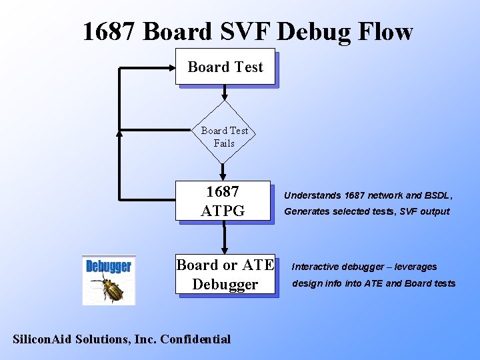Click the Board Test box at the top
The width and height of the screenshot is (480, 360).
pyautogui.click(x=225, y=67)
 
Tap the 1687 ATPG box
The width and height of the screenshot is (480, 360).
pyautogui.click(x=223, y=201)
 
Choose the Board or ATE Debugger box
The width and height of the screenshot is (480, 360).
pyautogui.click(x=225, y=275)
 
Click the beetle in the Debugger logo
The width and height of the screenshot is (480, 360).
pyautogui.click(x=109, y=289)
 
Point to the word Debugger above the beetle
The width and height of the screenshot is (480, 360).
pyautogui.click(x=109, y=267)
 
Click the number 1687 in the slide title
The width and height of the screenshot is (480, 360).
pyautogui.click(x=110, y=31)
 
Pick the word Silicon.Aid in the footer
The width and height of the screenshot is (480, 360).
pyautogui.click(x=43, y=339)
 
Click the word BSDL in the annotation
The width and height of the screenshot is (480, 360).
pyautogui.click(x=438, y=195)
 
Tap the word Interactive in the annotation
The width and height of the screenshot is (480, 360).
pyautogui.click(x=317, y=267)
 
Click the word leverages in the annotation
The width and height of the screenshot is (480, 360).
pyautogui.click(x=416, y=267)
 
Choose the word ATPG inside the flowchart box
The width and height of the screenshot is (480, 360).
pyautogui.click(x=223, y=211)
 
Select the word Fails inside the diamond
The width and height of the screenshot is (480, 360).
pyautogui.click(x=224, y=143)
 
